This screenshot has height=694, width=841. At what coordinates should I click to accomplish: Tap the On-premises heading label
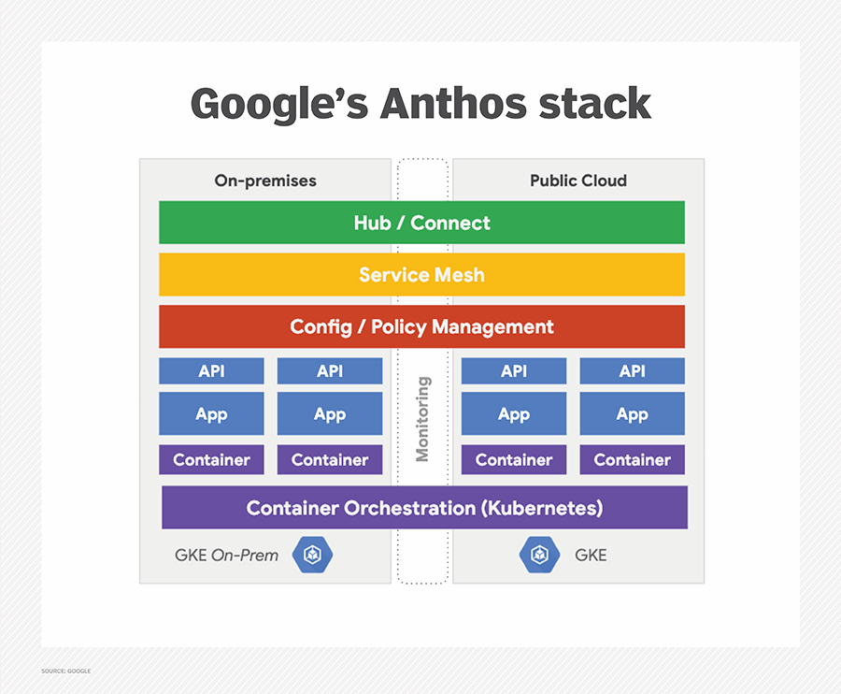coord(265,181)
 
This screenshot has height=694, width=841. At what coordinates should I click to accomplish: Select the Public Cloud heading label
coord(577,181)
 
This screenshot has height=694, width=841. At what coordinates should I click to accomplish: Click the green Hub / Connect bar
coord(421,223)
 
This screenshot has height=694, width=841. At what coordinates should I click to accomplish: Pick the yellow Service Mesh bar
coord(421,275)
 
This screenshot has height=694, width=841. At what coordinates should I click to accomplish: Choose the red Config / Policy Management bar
coord(421,327)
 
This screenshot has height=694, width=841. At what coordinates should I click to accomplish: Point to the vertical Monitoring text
coord(422,418)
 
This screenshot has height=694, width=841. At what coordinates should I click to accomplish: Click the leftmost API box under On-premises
coord(211,371)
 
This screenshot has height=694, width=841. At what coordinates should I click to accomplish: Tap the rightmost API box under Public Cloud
coord(632,371)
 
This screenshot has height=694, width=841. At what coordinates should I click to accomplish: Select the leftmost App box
coord(211,414)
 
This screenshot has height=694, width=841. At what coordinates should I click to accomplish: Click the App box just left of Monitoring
coord(330,414)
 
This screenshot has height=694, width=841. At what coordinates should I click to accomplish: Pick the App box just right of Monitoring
coord(513,414)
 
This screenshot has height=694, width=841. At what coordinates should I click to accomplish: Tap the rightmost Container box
coord(632,459)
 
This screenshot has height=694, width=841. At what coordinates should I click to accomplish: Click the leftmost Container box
coord(211,459)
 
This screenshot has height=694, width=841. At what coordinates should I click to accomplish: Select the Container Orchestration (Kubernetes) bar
coord(424,508)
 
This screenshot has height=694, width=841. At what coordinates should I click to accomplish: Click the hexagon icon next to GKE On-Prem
coord(312,555)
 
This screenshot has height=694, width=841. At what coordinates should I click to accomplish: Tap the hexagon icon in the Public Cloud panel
coord(539,555)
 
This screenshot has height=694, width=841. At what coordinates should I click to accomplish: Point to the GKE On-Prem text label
coord(226,555)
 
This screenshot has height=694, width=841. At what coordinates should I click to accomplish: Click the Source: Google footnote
coord(66,671)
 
